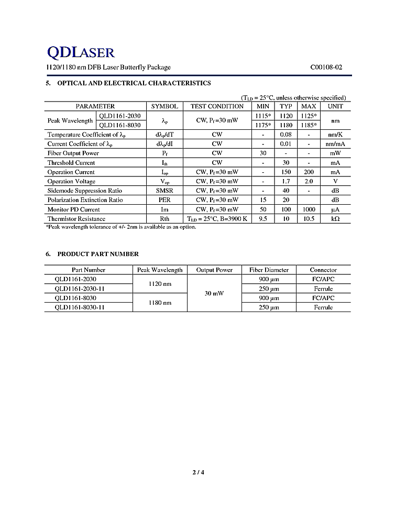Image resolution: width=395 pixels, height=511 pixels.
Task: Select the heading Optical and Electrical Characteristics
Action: [x=134, y=83]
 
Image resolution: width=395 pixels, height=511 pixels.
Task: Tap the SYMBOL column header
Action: [x=164, y=106]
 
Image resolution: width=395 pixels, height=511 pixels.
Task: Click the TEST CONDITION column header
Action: [x=217, y=106]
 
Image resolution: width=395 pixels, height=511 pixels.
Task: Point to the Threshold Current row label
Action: [x=71, y=163]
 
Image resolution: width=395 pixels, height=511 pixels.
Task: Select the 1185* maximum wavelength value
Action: [x=309, y=125]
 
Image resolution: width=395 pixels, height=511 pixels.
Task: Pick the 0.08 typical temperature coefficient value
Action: [x=286, y=135]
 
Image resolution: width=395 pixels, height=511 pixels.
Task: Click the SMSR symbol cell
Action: [x=164, y=191]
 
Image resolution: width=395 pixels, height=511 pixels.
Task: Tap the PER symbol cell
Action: [x=164, y=200]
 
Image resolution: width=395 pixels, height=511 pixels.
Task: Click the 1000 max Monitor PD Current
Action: [x=309, y=209]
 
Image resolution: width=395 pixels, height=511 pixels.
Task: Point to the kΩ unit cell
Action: [x=335, y=219]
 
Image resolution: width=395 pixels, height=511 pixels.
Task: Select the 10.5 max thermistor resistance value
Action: [x=309, y=219]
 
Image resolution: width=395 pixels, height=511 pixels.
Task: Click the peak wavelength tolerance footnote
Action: [x=121, y=227]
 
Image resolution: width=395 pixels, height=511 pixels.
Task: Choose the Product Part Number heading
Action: [x=97, y=254]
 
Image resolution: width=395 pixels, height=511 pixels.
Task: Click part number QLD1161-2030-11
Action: [x=80, y=288]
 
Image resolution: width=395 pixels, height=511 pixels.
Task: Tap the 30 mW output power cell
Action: [x=214, y=293]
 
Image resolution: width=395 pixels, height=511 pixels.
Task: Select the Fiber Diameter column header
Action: [x=269, y=270]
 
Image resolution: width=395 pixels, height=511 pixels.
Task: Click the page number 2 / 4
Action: [x=198, y=473]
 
